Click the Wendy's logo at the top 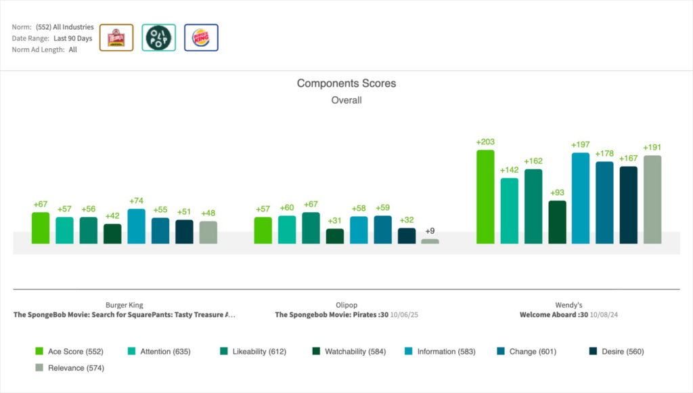click(x=116, y=38)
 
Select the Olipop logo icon click(x=159, y=38)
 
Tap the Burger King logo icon click(x=201, y=38)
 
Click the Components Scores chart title click(x=346, y=83)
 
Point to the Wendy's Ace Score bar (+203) click(x=485, y=196)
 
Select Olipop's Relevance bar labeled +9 click(x=430, y=241)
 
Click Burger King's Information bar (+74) click(x=136, y=226)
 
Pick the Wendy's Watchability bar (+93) click(x=557, y=222)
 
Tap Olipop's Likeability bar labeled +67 click(x=311, y=228)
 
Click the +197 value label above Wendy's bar click(x=581, y=145)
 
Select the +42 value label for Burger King click(x=112, y=216)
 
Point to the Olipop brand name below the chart click(x=346, y=305)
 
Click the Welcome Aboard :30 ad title click(x=554, y=315)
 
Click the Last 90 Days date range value click(x=72, y=39)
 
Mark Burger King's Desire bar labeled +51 click(x=184, y=231)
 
